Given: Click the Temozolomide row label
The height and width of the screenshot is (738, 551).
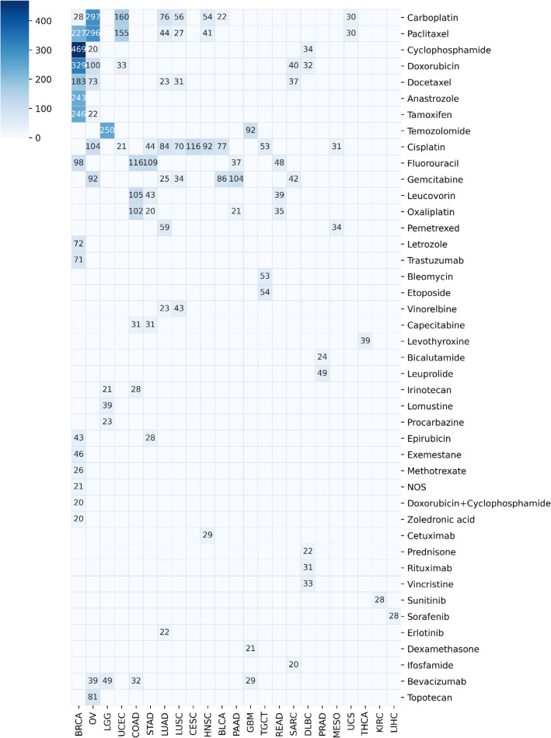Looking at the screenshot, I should (442, 131).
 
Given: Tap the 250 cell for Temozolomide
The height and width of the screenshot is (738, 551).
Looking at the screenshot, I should (107, 131).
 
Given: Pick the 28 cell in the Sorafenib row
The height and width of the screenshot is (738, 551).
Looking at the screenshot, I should (393, 616).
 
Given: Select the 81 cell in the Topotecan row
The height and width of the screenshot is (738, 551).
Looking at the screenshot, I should (92, 698).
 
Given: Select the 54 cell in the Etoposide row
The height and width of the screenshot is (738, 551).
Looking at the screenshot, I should (264, 293).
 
